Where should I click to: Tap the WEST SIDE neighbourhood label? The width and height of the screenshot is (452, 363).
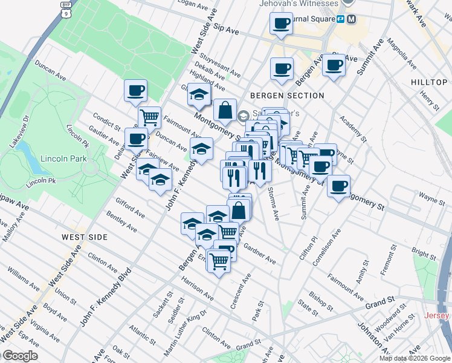point(85,237)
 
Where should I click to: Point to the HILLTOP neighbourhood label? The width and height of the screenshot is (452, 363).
point(430,82)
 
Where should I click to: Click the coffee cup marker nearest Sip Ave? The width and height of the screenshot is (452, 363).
point(282,24)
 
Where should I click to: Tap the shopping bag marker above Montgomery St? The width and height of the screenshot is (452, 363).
point(225,111)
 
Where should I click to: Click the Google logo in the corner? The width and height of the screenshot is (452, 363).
point(20,356)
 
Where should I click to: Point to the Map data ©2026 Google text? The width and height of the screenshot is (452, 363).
point(415,358)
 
